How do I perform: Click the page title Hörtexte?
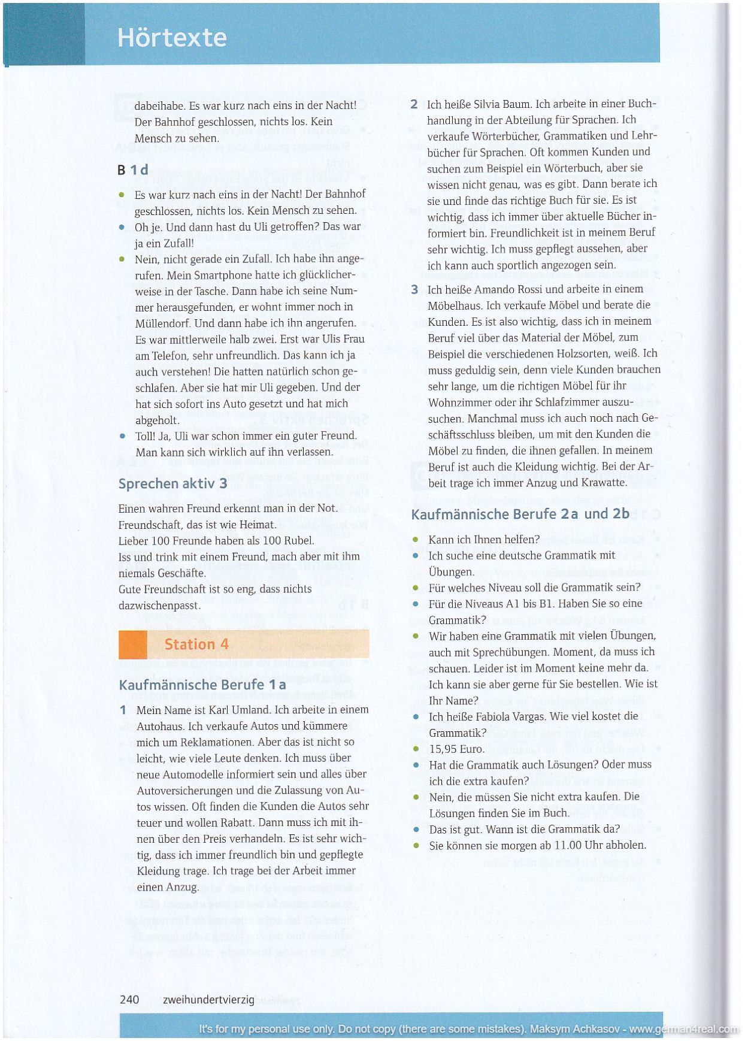point(172,38)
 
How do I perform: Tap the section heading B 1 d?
point(132,170)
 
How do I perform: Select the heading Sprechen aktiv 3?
point(172,483)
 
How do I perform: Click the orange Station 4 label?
point(196,644)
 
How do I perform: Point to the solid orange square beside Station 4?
point(132,644)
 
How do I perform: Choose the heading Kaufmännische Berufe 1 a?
point(202,685)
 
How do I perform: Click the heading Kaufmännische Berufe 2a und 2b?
point(520,514)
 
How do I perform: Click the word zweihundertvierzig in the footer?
point(208,1000)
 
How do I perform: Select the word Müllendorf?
point(162,323)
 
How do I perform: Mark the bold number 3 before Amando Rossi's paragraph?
point(414,290)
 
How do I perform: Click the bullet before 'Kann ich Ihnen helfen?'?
point(416,540)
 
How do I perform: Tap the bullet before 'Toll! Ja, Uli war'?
point(122,436)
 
